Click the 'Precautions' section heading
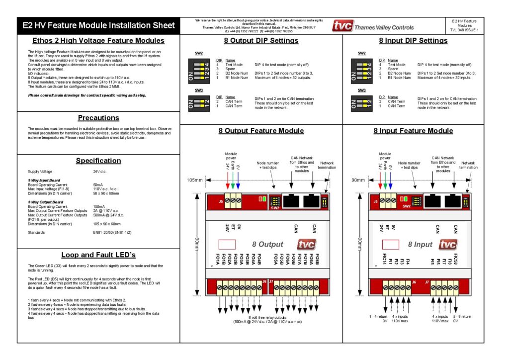pyautogui.click(x=98, y=118)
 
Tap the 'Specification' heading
pyautogui.click(x=98, y=161)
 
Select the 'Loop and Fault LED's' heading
pyautogui.click(x=98, y=255)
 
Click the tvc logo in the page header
pyautogui.click(x=343, y=26)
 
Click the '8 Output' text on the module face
pyautogui.click(x=267, y=245)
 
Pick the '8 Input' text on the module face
pyautogui.click(x=421, y=245)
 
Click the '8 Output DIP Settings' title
pyautogui.click(x=261, y=41)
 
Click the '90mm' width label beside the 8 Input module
pyautogui.click(x=358, y=180)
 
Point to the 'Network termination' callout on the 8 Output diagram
pyautogui.click(x=327, y=166)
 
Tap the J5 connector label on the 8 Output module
pyautogui.click(x=221, y=202)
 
